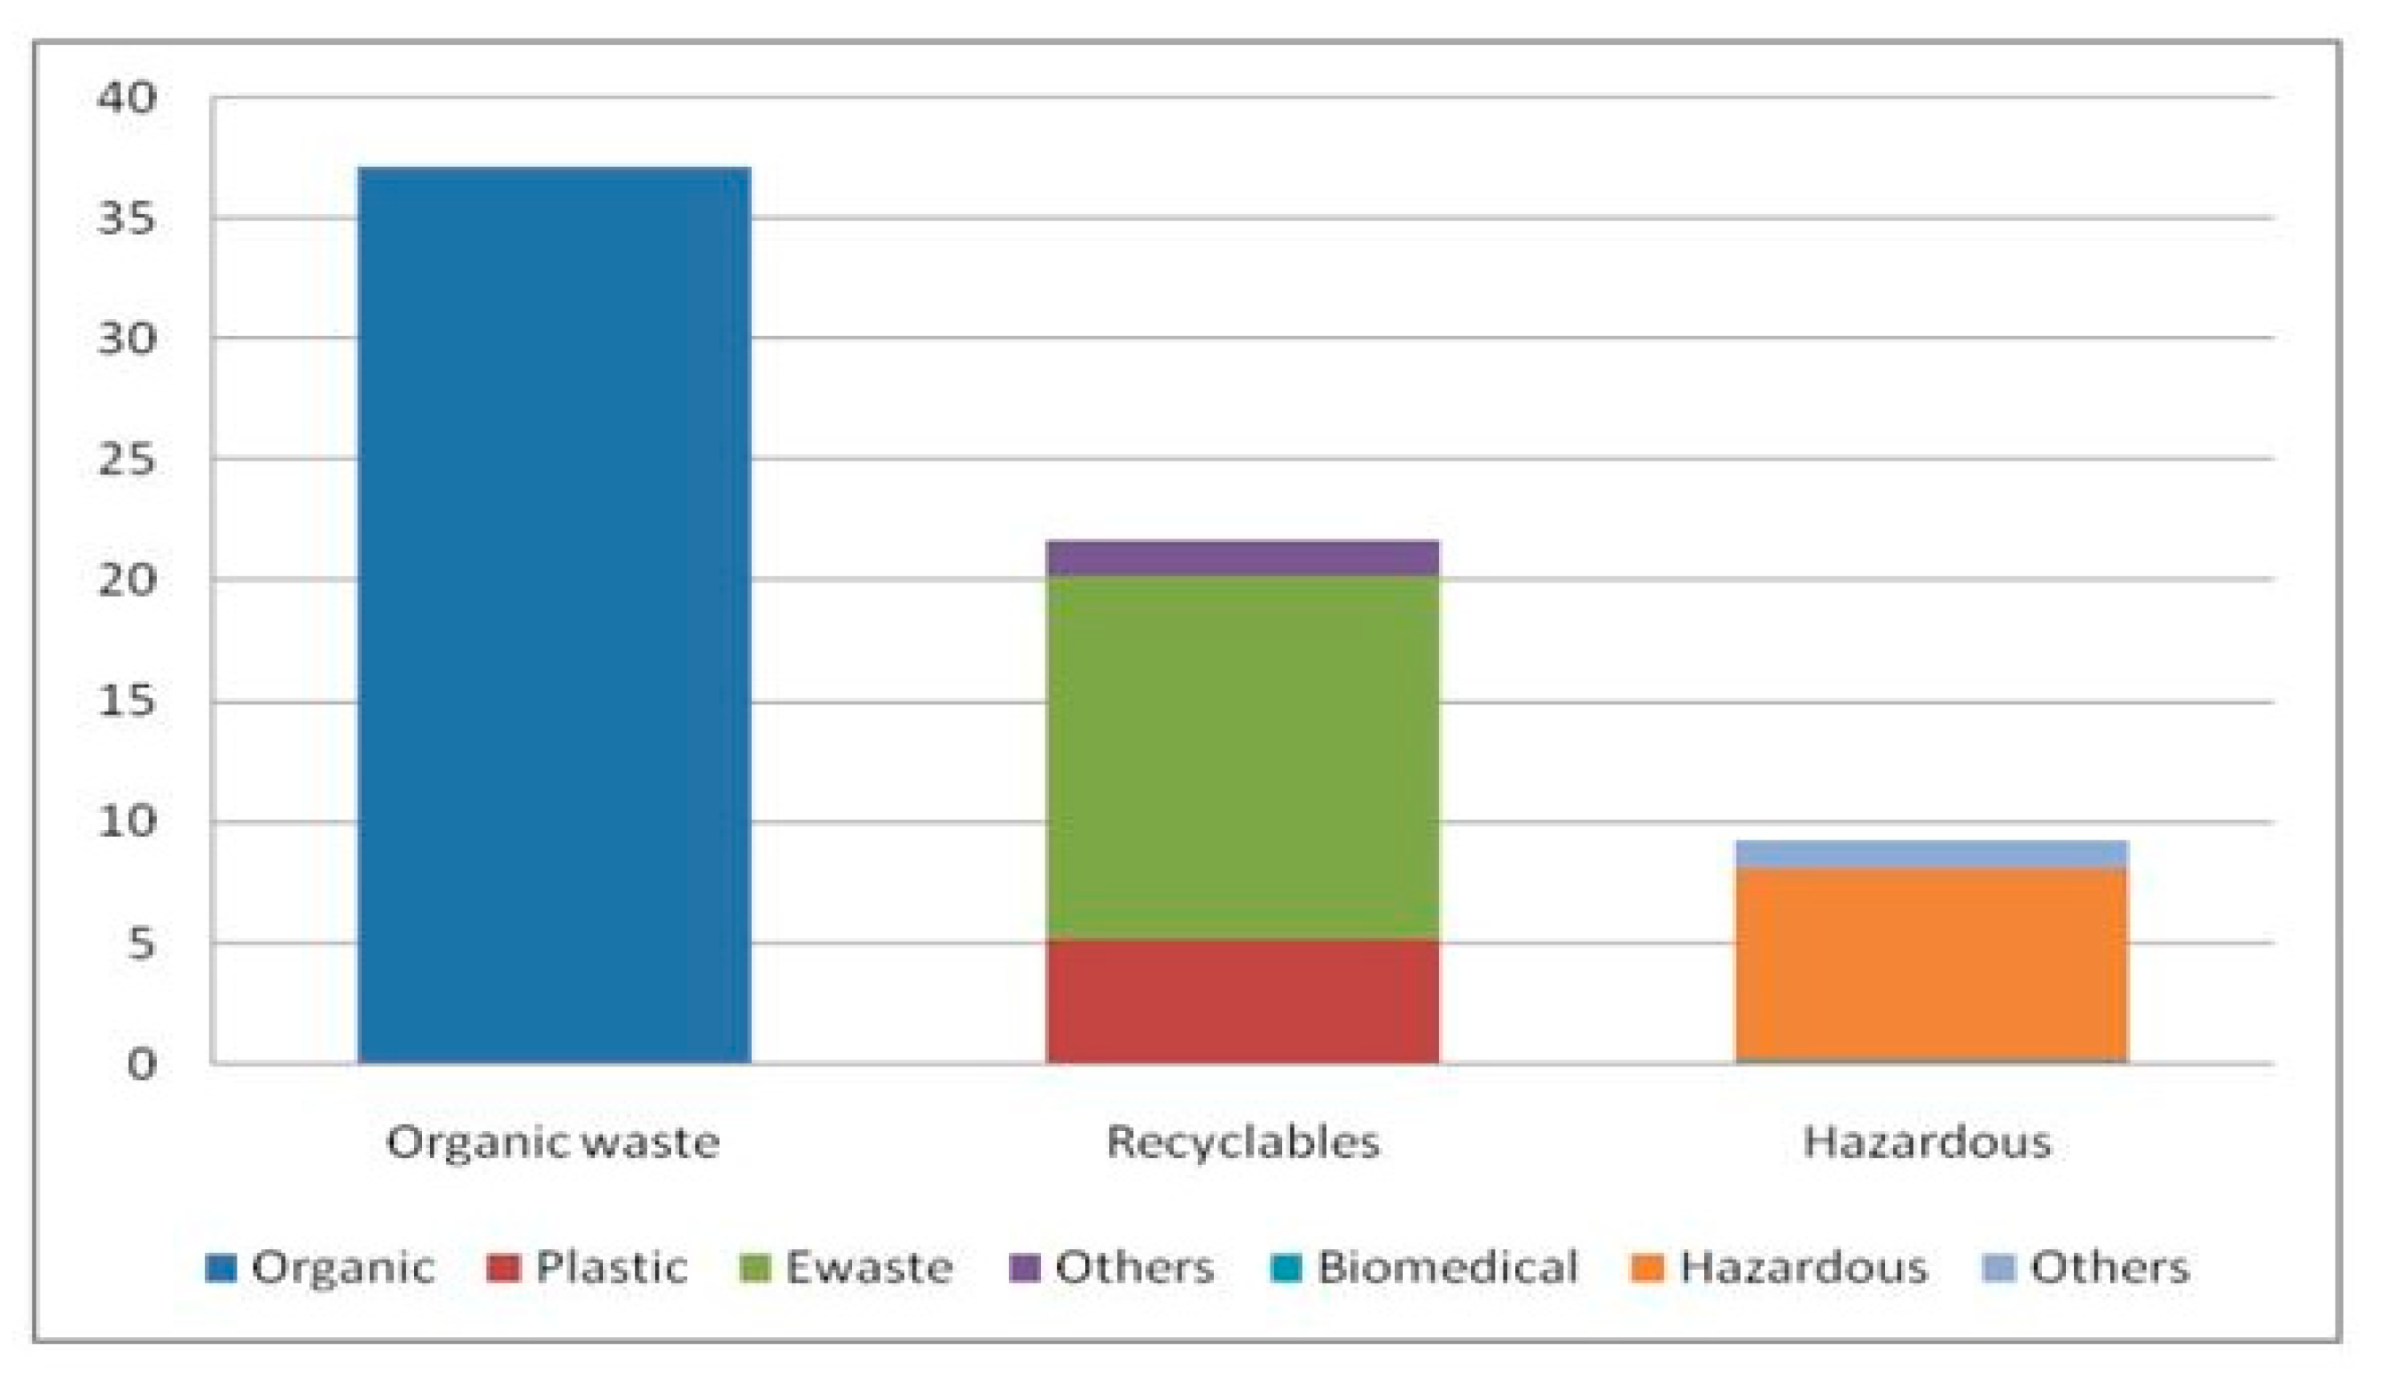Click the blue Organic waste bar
[x=554, y=616]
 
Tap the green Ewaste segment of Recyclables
[x=1242, y=758]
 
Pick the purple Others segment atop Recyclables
[x=1242, y=558]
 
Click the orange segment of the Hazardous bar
[x=1931, y=965]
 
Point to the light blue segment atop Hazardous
[x=1931, y=854]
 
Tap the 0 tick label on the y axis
[x=140, y=1065]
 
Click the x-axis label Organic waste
[x=553, y=1143]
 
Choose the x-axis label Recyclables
[x=1243, y=1143]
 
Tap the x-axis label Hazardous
[x=1927, y=1143]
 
